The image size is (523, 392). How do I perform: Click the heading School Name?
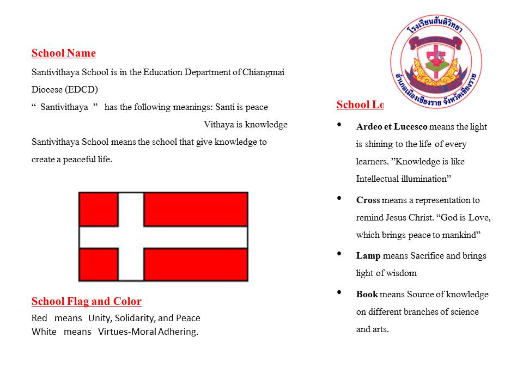point(63,53)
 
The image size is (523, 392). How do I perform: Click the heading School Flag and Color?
point(86,302)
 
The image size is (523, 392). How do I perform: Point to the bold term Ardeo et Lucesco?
point(391,127)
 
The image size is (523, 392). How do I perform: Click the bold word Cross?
point(368,200)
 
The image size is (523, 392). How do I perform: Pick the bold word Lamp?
point(368,255)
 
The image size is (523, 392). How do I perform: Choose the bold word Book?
point(367,294)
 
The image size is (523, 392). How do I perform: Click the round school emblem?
point(436,62)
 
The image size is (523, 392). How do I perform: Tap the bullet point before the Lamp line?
point(340,254)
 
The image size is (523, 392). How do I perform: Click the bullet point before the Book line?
point(340,292)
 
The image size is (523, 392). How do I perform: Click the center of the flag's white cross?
point(131,237)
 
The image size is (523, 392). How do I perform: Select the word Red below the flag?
point(39,318)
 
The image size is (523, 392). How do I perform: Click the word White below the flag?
point(44,332)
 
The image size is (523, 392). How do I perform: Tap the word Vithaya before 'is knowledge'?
point(218,125)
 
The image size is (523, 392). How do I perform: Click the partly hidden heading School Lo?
point(360,105)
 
